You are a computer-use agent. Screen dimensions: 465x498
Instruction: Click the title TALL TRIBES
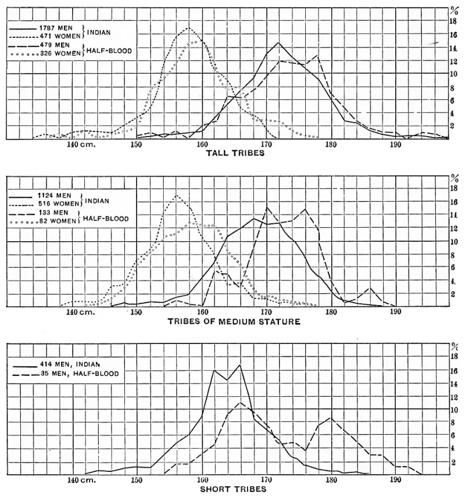pos(235,153)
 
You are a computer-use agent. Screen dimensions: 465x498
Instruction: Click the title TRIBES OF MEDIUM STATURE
pos(234,321)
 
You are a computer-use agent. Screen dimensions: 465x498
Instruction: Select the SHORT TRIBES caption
pos(233,489)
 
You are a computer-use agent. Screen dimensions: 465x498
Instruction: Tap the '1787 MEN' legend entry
pos(56,28)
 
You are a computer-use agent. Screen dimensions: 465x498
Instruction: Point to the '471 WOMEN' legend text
pos(60,36)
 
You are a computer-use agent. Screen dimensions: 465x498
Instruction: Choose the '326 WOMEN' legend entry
pos(60,53)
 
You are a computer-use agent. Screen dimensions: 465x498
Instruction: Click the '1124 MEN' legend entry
pos(56,195)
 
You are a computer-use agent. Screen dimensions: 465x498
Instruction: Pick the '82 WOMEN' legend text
pos(58,221)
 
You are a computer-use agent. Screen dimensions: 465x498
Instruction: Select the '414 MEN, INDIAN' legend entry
pos(70,364)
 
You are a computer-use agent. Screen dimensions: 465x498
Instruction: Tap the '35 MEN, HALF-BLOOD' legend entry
pos(80,374)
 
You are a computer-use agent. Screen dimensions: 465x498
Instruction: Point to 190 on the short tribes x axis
pos(395,479)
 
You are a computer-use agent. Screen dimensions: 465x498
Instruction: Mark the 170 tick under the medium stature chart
pos(266,312)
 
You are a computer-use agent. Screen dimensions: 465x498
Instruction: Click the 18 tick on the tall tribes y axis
pos(453,22)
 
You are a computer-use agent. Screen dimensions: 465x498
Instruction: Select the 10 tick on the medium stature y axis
pos(454,242)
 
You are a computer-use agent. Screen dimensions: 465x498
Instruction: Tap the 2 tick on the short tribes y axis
pos(453,463)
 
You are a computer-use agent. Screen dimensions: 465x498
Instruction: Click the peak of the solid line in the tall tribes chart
pos(278,42)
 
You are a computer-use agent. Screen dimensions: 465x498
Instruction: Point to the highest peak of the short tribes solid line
pos(240,365)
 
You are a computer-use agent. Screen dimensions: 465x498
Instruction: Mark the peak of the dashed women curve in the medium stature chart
pos(177,195)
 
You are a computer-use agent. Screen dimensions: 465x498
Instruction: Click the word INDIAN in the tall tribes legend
pos(99,33)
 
